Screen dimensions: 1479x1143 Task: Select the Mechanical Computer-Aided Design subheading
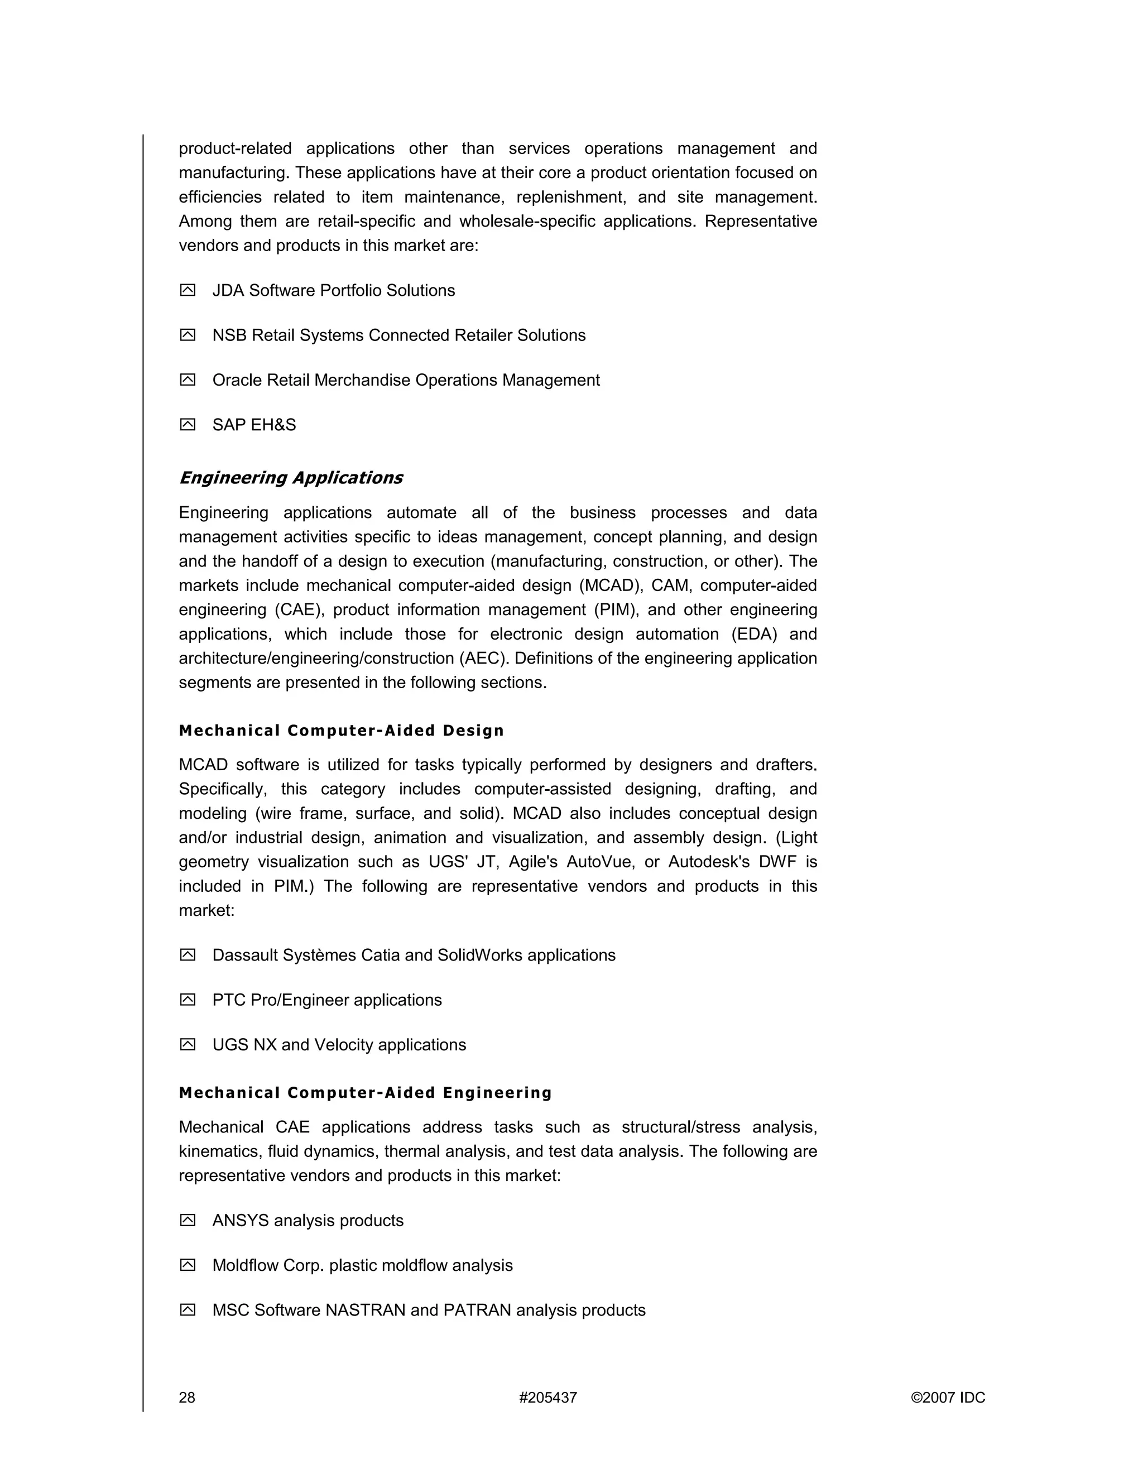341,730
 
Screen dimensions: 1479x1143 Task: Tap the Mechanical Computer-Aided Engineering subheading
366,1092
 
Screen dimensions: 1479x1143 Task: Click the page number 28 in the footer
187,1397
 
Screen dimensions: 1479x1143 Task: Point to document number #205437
548,1397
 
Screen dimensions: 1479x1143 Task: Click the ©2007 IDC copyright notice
948,1397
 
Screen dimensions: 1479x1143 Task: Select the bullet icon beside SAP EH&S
188,425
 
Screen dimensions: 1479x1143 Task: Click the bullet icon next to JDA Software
188,291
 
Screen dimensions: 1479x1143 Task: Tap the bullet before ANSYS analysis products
188,1220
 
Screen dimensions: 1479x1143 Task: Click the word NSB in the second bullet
229,335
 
